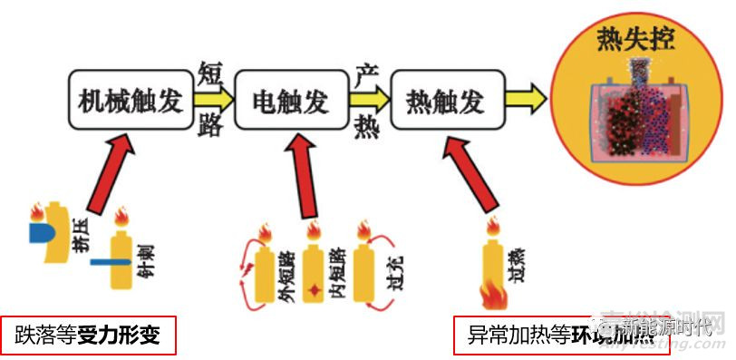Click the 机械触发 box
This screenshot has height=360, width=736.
coord(131,99)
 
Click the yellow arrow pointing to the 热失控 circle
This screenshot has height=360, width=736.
coord(528,96)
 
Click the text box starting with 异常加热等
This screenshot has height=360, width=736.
coord(544,335)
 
